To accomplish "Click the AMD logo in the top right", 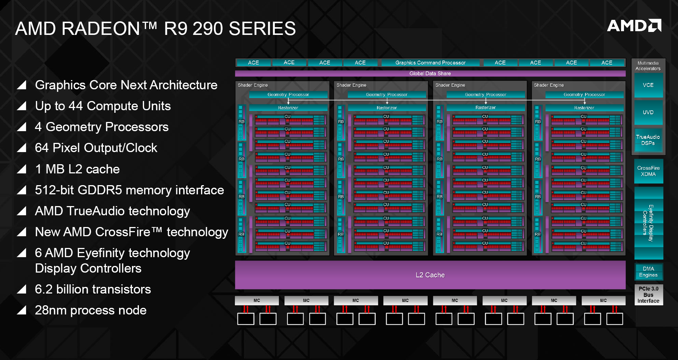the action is click(x=634, y=25).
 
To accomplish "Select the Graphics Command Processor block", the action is click(x=430, y=63).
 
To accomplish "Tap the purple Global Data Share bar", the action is click(x=430, y=73).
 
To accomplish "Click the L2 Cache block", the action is click(x=430, y=275).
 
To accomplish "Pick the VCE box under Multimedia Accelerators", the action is click(x=648, y=85).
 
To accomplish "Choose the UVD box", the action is click(x=648, y=112).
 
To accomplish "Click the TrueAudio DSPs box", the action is click(x=648, y=140).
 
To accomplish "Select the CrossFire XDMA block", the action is click(x=649, y=171).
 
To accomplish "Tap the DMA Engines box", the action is click(x=649, y=272).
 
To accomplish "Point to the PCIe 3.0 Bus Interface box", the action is click(x=649, y=295).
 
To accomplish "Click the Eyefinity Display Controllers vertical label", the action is click(x=648, y=223).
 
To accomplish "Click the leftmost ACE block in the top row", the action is click(x=254, y=63).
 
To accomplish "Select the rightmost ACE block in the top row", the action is click(x=607, y=63).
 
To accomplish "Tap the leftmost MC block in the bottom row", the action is click(x=257, y=300).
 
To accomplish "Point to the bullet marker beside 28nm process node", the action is click(x=22, y=310).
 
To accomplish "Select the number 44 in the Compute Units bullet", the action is click(x=76, y=106).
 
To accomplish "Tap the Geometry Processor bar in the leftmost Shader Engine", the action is click(x=288, y=95).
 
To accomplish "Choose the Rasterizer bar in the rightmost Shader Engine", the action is click(x=584, y=108).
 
